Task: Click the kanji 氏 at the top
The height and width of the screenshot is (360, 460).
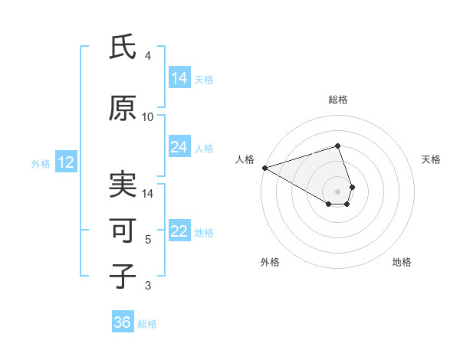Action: click(x=123, y=47)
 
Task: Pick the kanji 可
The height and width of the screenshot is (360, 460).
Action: click(x=123, y=231)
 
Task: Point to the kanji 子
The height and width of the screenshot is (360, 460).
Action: click(x=123, y=276)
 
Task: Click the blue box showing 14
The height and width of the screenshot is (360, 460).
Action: click(x=179, y=77)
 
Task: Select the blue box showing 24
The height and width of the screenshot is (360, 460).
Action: click(x=179, y=147)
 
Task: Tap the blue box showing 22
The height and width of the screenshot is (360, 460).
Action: click(x=179, y=231)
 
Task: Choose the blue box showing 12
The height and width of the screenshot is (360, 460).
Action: click(x=66, y=162)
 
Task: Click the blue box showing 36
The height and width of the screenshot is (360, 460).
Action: click(x=123, y=322)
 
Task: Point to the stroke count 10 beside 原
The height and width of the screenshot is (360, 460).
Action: click(x=148, y=116)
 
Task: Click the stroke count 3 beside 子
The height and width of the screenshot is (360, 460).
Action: click(x=148, y=286)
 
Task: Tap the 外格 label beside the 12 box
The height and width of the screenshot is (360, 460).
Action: click(x=41, y=163)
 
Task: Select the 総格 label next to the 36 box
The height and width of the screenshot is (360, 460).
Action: click(x=147, y=323)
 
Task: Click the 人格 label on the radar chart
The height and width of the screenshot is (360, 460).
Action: click(x=245, y=159)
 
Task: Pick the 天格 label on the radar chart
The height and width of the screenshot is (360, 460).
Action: click(x=432, y=159)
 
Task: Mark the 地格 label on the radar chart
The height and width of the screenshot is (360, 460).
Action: click(x=402, y=262)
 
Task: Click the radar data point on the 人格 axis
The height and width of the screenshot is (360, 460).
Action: click(x=264, y=168)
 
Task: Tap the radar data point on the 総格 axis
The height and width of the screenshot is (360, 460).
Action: click(x=337, y=146)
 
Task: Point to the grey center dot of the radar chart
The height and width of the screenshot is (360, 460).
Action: click(x=337, y=191)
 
